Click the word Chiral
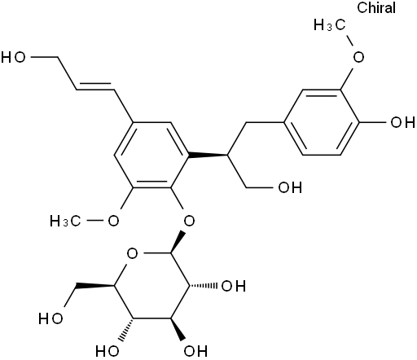point(376,7)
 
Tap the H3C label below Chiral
point(330,25)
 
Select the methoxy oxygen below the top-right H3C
point(358,57)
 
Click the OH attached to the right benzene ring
point(402,122)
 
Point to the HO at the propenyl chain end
point(13,58)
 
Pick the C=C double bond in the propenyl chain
point(95,86)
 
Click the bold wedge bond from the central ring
point(208,156)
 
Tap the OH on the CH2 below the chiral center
point(290,187)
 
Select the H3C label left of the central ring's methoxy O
point(65,221)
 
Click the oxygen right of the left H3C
point(113,221)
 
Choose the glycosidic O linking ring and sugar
point(189,221)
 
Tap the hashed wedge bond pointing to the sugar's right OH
point(204,286)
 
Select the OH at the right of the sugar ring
point(234,286)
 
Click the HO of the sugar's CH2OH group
point(50,318)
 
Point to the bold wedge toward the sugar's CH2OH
point(95,286)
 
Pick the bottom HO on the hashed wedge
point(108,351)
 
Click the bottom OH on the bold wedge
point(195,351)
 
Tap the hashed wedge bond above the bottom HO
point(126,329)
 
